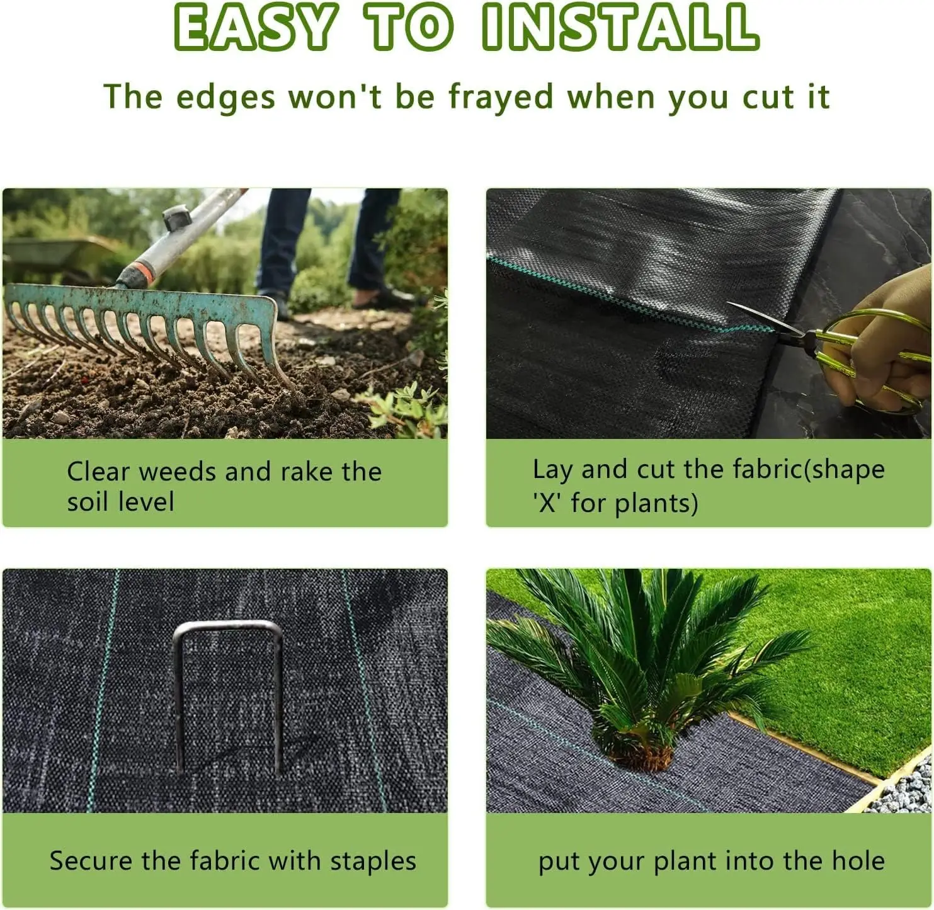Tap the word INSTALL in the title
[x=620, y=28]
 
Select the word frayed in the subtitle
[x=501, y=98]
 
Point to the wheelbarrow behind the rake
[x=57, y=255]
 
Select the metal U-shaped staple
[x=228, y=693]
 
